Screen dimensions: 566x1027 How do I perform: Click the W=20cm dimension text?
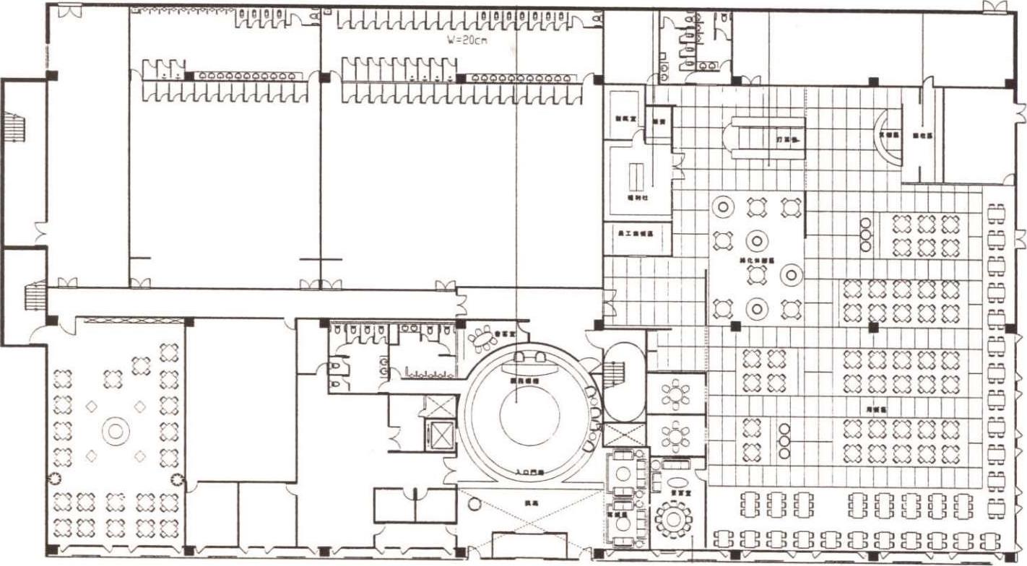pyautogui.click(x=467, y=40)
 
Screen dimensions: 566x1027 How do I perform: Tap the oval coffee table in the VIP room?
pyautogui.click(x=678, y=482)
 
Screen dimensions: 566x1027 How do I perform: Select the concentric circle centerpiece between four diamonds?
pyautogui.click(x=114, y=431)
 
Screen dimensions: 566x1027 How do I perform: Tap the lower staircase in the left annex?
pyautogui.click(x=35, y=296)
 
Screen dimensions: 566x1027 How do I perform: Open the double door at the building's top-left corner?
pyautogui.click(x=69, y=11)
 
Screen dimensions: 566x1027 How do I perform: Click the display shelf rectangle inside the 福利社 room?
pyautogui.click(x=637, y=176)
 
